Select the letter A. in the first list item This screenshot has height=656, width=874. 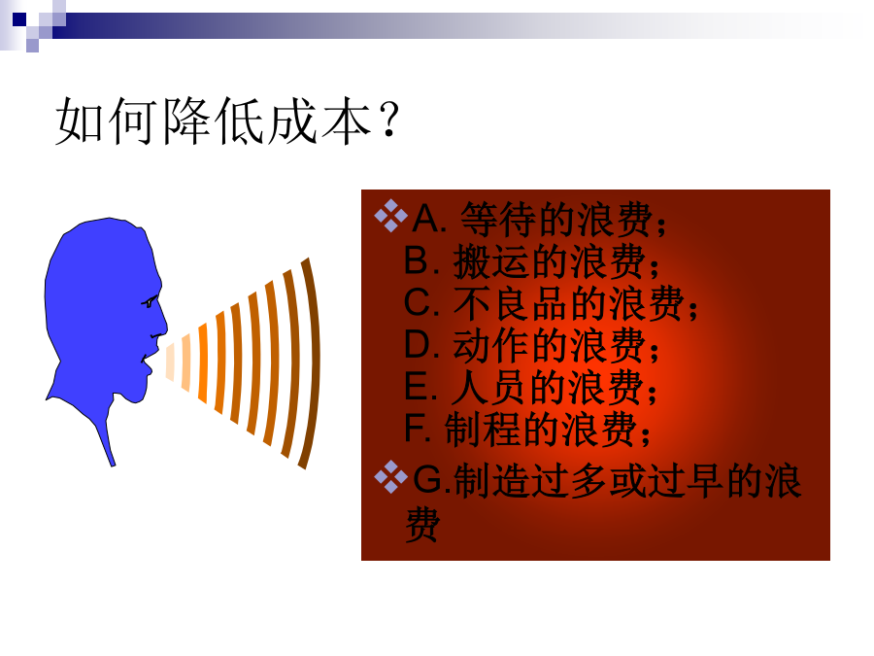click(x=429, y=219)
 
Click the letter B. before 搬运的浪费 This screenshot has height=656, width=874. click(x=421, y=260)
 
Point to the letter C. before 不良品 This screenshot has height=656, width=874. click(x=422, y=303)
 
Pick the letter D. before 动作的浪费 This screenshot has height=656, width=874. click(x=422, y=345)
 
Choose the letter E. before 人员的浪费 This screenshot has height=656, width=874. click(x=420, y=387)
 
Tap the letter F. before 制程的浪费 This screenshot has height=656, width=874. click(x=418, y=429)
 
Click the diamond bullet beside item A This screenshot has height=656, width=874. click(x=390, y=216)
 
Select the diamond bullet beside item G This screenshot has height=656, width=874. click(x=390, y=477)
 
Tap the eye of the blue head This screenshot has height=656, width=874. click(x=150, y=303)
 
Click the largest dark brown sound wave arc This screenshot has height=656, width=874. click(x=311, y=363)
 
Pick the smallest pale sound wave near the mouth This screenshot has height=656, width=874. click(x=170, y=363)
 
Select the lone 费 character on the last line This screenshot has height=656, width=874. click(x=422, y=525)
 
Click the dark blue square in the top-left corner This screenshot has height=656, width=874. click(x=19, y=20)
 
